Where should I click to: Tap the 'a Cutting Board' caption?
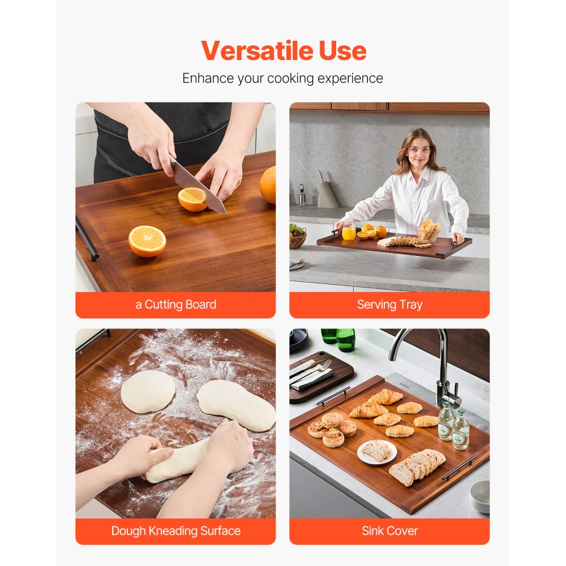(x=175, y=305)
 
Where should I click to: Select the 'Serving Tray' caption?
(x=389, y=305)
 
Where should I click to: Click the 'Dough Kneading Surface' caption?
(x=175, y=531)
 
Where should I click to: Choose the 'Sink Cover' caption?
(x=389, y=531)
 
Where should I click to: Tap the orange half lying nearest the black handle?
(x=147, y=241)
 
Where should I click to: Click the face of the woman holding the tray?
(x=418, y=148)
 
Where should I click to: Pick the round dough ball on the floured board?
(x=148, y=391)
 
